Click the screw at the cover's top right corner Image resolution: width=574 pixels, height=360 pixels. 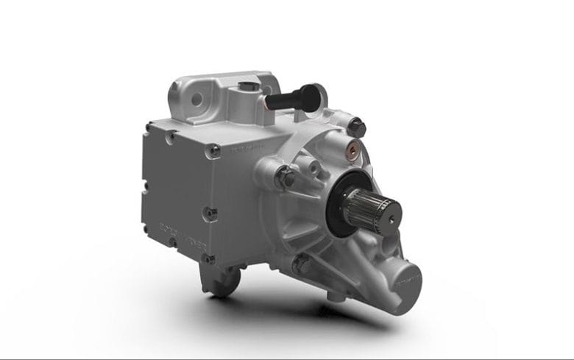tap(216, 151)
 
